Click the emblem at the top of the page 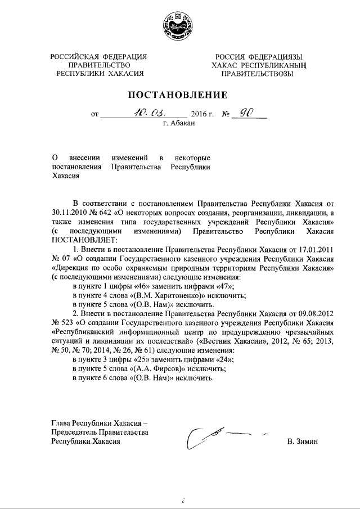pyautogui.click(x=180, y=26)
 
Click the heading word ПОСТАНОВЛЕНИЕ pyautogui.click(x=179, y=94)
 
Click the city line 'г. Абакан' pyautogui.click(x=179, y=124)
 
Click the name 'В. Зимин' pyautogui.click(x=302, y=442)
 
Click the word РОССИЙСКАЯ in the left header pyautogui.click(x=75, y=56)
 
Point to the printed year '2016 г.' pyautogui.click(x=197, y=114)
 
